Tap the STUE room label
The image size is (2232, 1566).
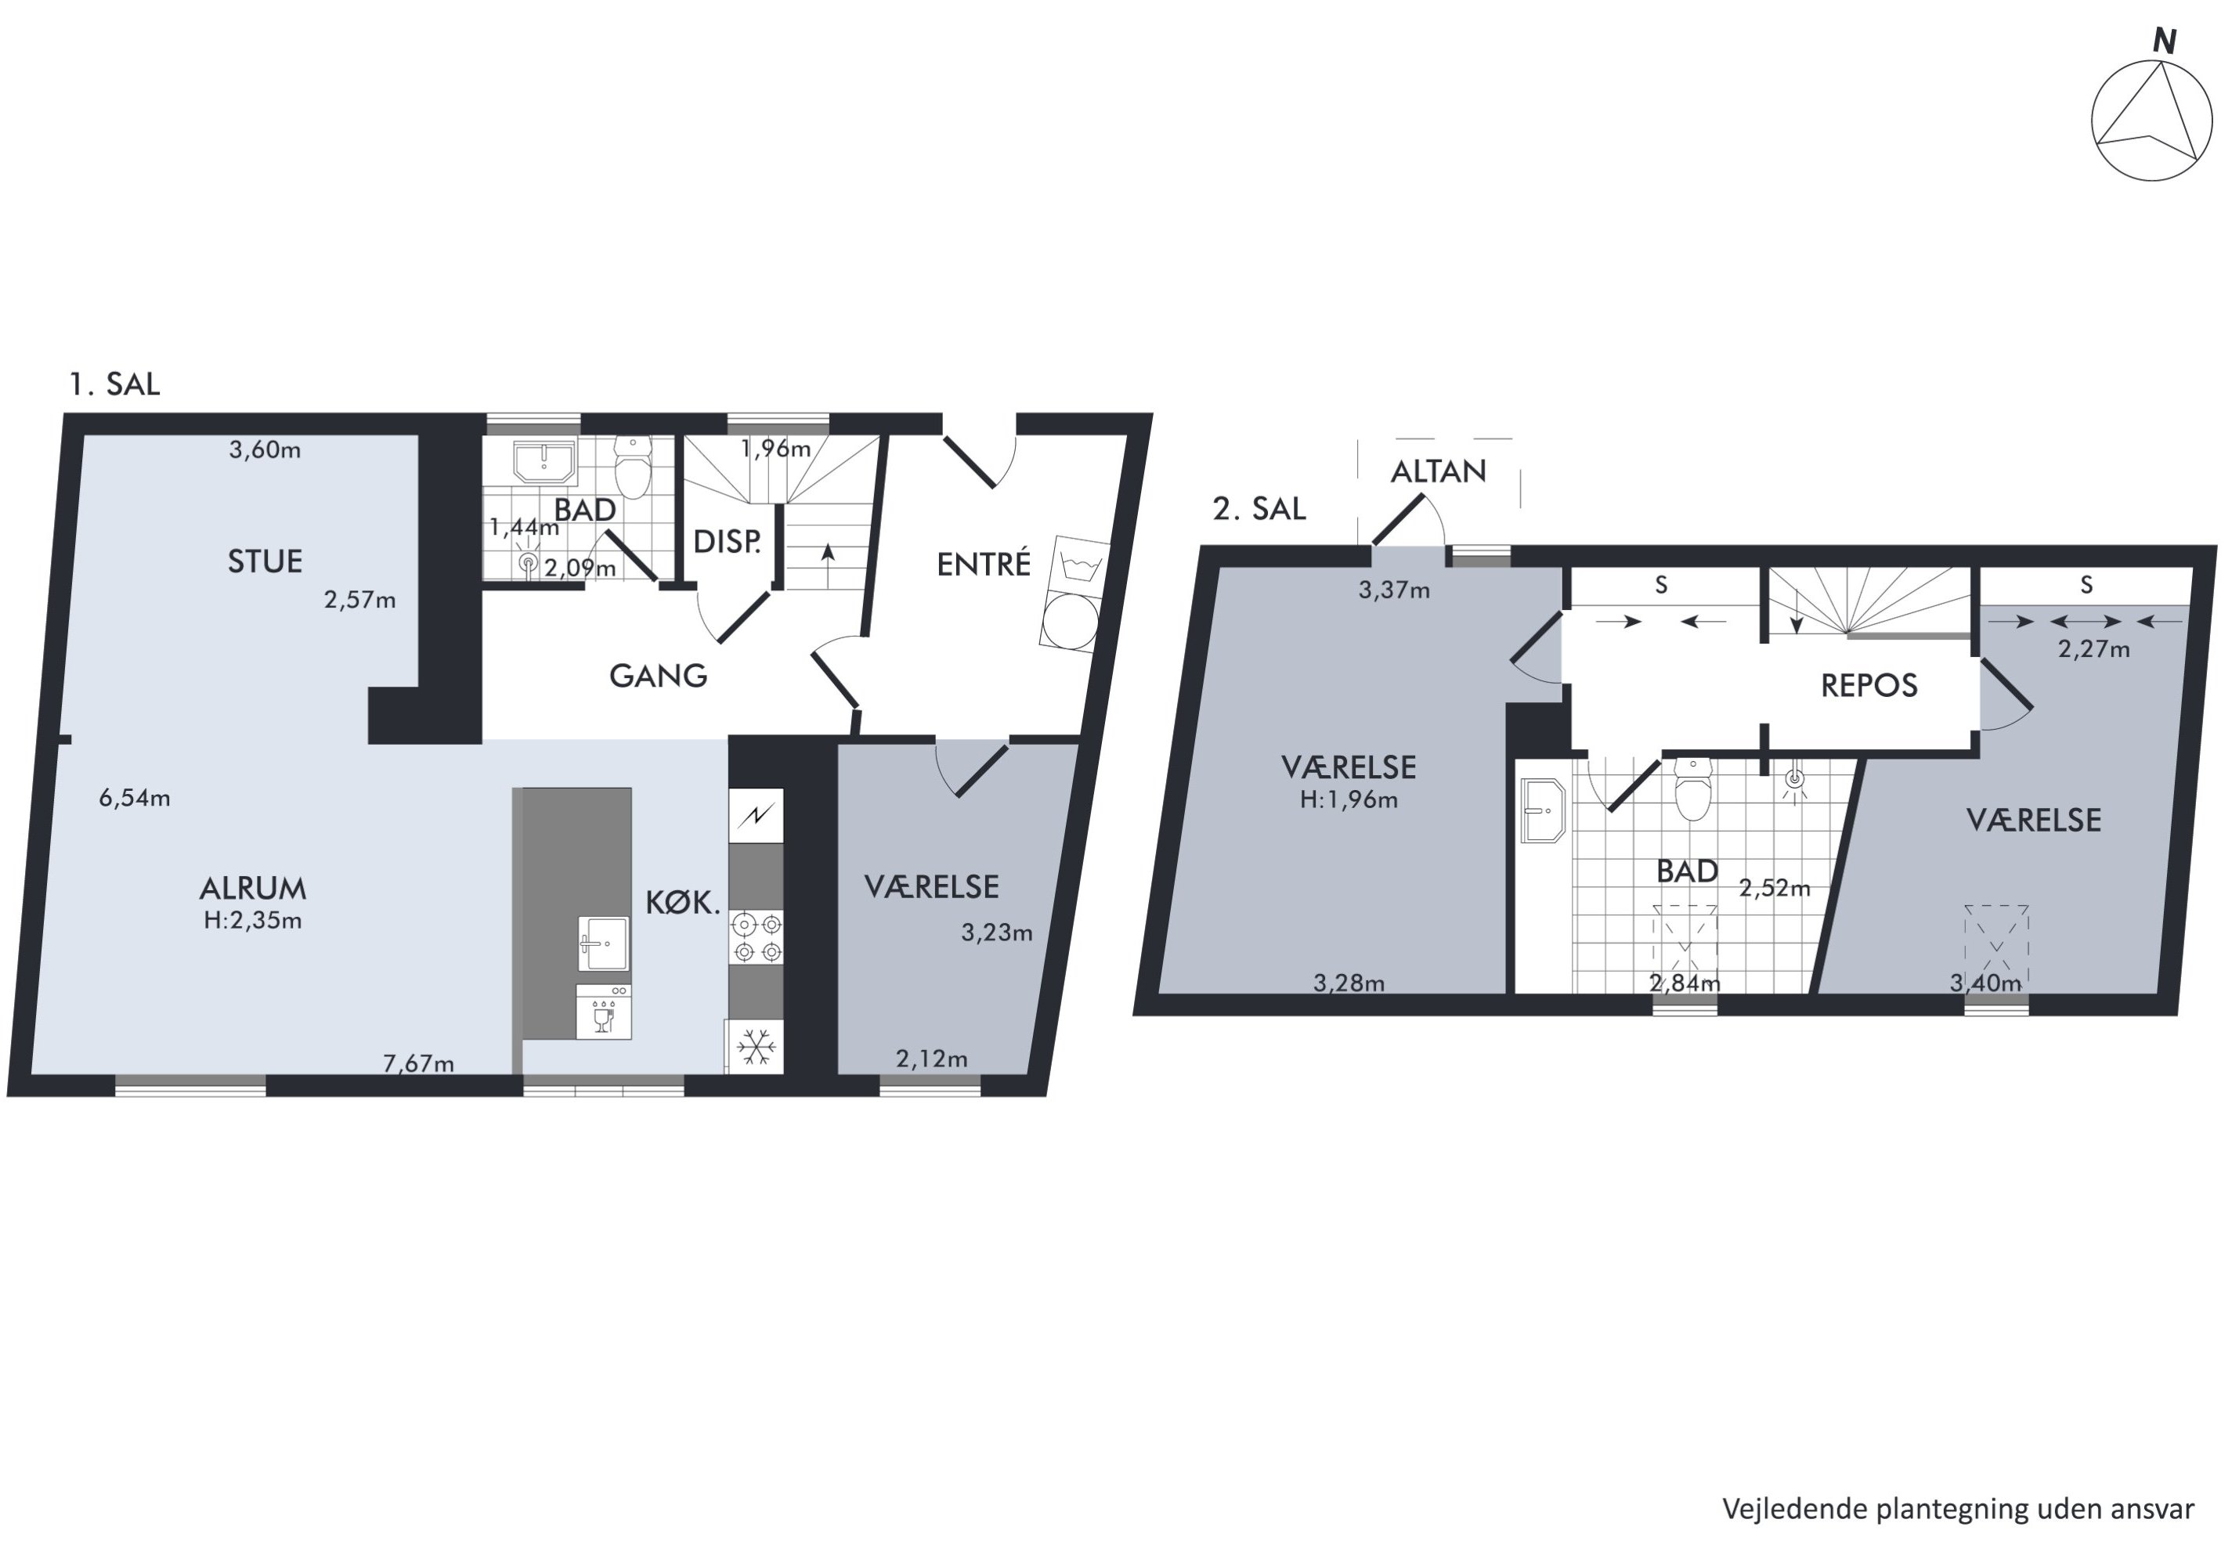[x=265, y=561]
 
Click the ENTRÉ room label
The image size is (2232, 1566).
[x=983, y=564]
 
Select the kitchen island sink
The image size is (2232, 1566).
[x=604, y=943]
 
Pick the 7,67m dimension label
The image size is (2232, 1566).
[x=418, y=1063]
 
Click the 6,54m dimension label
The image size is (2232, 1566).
[x=134, y=798]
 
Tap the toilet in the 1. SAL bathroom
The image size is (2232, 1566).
[x=633, y=467]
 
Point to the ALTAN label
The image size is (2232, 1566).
[x=1438, y=471]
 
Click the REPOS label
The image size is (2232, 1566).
[x=1869, y=686]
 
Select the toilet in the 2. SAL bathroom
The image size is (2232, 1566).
[x=1692, y=789]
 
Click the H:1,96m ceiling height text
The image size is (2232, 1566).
[x=1349, y=800]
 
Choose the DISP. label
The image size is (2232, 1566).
[x=726, y=541]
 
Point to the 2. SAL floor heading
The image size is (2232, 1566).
[x=1259, y=508]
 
